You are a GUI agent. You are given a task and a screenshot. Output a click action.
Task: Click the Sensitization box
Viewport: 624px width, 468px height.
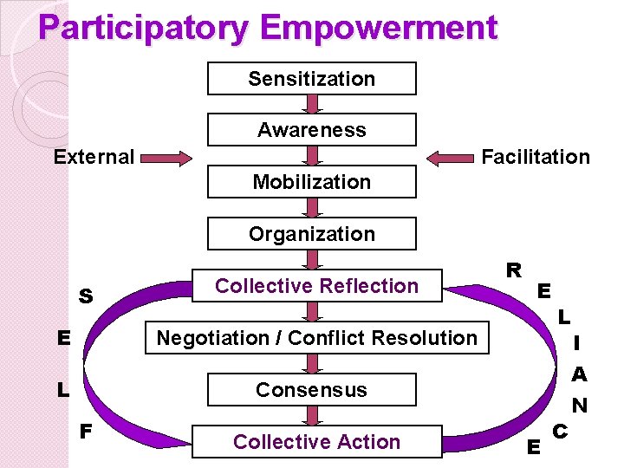pos(312,79)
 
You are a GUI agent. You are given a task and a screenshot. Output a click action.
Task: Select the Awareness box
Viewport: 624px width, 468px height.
pos(312,130)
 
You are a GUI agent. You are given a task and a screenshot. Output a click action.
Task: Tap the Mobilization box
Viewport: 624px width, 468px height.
pos(312,182)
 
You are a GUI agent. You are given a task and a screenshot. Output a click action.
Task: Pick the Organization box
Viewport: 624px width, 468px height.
pos(312,234)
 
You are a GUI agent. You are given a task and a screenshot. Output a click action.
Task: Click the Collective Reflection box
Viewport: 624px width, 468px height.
pos(316,286)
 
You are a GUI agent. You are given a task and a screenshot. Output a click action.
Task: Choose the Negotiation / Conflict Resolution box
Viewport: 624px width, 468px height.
pos(316,338)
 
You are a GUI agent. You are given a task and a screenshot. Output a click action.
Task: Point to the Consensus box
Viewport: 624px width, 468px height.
pos(312,390)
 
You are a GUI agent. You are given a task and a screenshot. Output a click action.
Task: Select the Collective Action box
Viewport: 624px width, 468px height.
pos(316,442)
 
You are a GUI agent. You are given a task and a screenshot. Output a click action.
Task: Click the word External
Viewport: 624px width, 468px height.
pos(94,158)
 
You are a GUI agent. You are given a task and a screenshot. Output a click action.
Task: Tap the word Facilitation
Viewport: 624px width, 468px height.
pos(535,157)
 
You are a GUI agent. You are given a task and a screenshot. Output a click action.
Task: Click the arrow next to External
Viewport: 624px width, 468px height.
pos(167,158)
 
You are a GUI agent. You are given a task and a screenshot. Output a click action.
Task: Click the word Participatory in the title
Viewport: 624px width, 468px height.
pos(144,28)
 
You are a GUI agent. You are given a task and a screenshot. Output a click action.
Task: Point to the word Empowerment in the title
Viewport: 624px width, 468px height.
pos(379,28)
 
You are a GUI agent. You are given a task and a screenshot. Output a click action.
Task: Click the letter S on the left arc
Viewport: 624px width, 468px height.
pos(86,296)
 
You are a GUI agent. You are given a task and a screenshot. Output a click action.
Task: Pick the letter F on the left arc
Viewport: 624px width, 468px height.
pos(87,430)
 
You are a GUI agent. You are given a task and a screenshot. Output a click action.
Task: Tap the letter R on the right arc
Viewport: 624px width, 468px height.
pos(514,270)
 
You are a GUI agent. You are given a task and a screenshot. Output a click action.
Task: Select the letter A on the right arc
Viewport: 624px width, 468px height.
pos(579,374)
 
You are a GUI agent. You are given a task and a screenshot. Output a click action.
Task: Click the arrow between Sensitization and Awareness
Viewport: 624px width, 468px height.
pos(312,104)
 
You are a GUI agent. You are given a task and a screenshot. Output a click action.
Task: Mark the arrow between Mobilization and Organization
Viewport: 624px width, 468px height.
pos(312,208)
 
